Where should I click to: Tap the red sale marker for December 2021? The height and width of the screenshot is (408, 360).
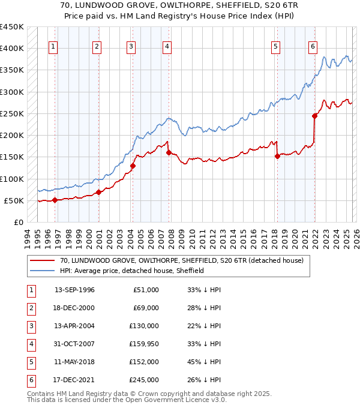[314, 116]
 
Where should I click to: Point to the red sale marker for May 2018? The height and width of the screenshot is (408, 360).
[277, 156]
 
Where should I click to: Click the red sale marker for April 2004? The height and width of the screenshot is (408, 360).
[133, 166]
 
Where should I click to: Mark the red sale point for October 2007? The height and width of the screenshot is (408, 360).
[169, 152]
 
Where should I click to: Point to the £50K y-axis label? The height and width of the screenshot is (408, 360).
[14, 200]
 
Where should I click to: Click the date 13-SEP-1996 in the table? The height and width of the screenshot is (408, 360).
[74, 290]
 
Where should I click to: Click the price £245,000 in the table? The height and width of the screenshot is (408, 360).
[144, 379]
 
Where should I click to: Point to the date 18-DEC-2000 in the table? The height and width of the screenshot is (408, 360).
[74, 308]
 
